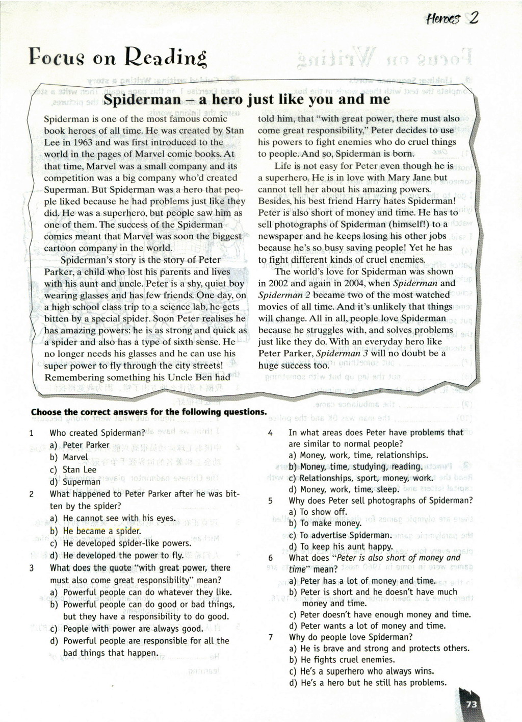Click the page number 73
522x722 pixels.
click(x=472, y=704)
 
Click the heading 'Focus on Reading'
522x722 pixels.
click(x=118, y=57)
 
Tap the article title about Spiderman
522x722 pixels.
click(x=247, y=99)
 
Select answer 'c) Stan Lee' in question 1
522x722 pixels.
click(x=73, y=469)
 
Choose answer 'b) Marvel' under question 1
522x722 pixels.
click(x=69, y=457)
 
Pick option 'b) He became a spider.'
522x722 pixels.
click(x=96, y=531)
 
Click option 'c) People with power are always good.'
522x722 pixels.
click(x=126, y=629)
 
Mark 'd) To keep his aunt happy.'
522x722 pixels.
click(x=341, y=546)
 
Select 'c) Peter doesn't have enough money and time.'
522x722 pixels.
click(x=380, y=614)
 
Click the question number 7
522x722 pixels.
click(x=270, y=637)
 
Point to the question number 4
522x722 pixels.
click(x=270, y=433)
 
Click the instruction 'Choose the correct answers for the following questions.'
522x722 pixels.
click(x=149, y=412)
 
